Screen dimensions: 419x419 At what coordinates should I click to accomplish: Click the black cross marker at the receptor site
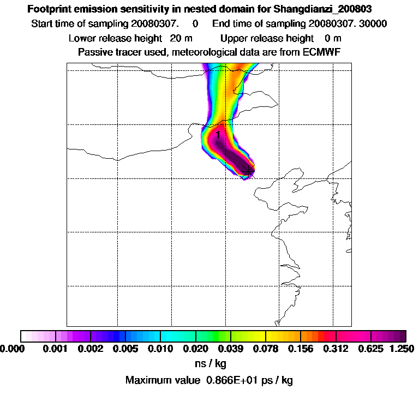248,170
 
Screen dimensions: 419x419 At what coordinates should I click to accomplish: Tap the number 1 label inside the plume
218,134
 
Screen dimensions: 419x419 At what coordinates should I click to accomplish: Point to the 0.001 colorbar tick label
55,348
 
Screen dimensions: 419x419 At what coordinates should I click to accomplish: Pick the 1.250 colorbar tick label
400,348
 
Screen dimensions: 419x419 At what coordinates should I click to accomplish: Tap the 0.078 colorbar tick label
266,348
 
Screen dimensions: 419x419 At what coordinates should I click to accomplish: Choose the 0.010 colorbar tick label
160,348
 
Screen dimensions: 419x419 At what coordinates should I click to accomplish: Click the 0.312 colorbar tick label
336,348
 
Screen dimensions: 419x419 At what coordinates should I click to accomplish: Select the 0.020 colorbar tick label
196,348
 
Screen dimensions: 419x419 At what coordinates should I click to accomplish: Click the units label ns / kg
211,363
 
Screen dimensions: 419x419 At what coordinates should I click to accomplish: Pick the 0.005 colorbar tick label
125,348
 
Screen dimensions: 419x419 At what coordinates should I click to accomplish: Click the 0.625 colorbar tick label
371,348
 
